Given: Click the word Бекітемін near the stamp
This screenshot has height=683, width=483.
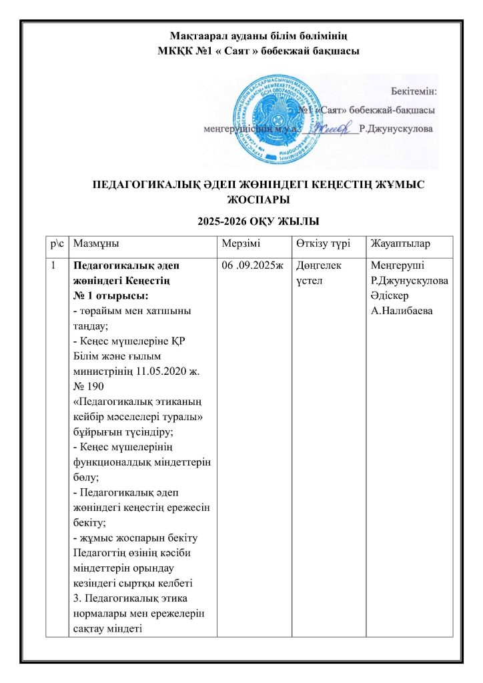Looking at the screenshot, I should pos(413,89).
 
